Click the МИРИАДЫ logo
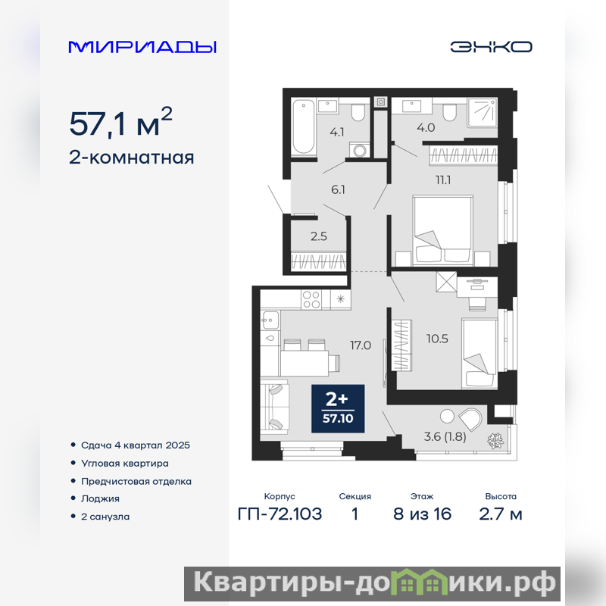tap(142, 47)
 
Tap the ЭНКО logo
tap(491, 47)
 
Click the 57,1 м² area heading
tap(120, 123)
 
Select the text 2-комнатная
tap(131, 158)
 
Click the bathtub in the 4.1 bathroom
tap(304, 127)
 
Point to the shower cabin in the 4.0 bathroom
tap(482, 112)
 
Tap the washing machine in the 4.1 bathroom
tap(359, 149)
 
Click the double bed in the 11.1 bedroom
tap(443, 230)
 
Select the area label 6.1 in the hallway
tap(338, 190)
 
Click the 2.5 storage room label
tap(318, 236)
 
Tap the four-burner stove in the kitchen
tap(311, 299)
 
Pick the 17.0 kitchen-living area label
tap(361, 345)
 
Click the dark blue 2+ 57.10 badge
tap(338, 408)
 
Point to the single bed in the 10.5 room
tap(479, 353)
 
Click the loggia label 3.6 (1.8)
tap(445, 437)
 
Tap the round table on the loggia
tap(447, 416)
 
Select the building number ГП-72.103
tap(280, 514)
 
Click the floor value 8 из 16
tap(422, 514)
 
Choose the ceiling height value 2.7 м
tap(501, 514)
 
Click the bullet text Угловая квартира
tap(124, 463)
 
